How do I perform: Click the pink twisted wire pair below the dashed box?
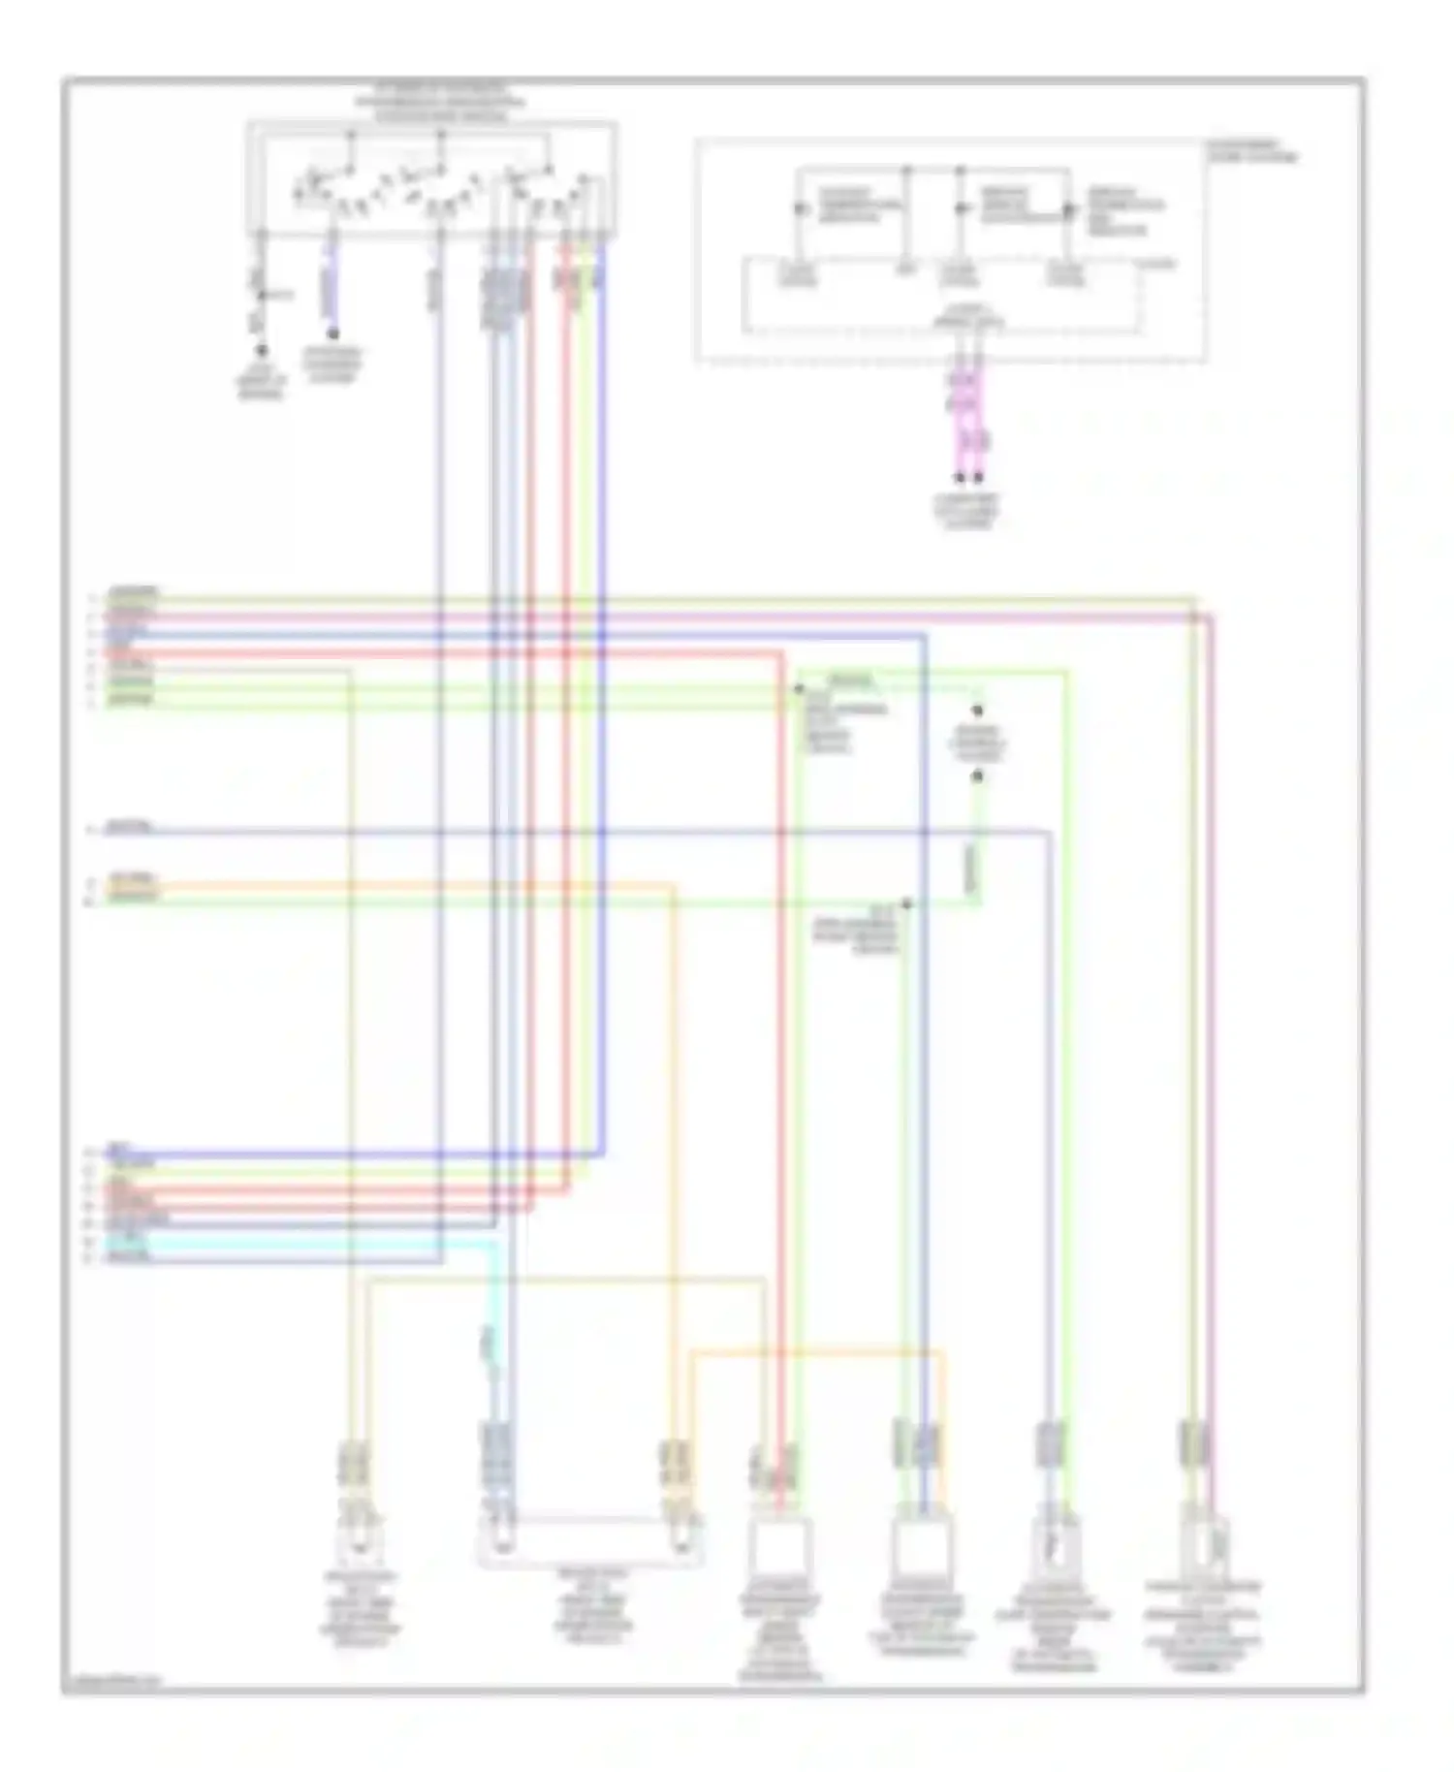click(x=968, y=417)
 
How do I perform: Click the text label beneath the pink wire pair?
click(x=967, y=511)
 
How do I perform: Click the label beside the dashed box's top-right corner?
click(x=1250, y=151)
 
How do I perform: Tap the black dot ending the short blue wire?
click(x=332, y=334)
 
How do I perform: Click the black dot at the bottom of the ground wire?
click(x=261, y=351)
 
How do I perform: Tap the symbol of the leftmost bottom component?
click(x=359, y=1541)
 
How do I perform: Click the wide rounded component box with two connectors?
click(x=589, y=1542)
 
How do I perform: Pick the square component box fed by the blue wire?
click(x=922, y=1548)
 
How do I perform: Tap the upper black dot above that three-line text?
click(x=978, y=711)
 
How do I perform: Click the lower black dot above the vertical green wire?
click(x=978, y=775)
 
